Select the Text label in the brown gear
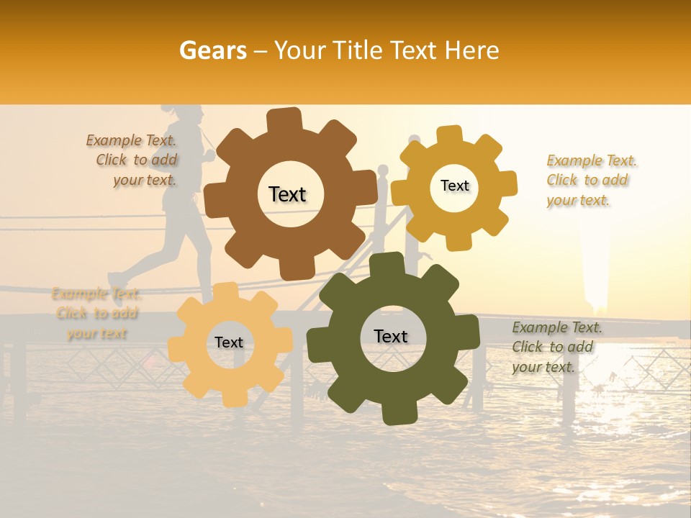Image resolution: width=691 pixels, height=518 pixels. coord(287,194)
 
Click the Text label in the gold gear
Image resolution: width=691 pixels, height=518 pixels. coord(454,186)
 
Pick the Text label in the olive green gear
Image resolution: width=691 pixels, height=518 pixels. coord(391,336)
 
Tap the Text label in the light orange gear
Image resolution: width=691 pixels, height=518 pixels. coord(229,342)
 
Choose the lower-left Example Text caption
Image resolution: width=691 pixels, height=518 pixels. coord(96,314)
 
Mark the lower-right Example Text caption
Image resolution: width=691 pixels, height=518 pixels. coord(556,347)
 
